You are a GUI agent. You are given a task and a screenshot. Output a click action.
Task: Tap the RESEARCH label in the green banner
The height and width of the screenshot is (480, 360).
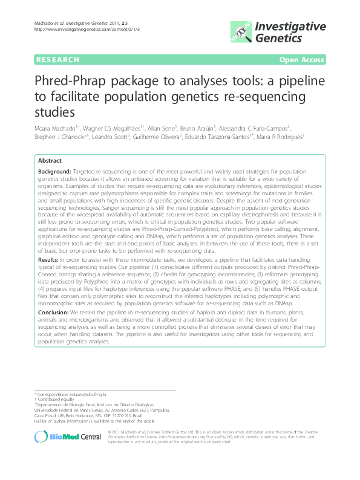(x=57, y=59)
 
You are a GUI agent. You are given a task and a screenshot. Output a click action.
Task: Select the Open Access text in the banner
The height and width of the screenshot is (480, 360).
(x=303, y=59)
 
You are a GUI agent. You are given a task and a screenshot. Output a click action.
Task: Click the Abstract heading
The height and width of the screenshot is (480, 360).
(x=50, y=161)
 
